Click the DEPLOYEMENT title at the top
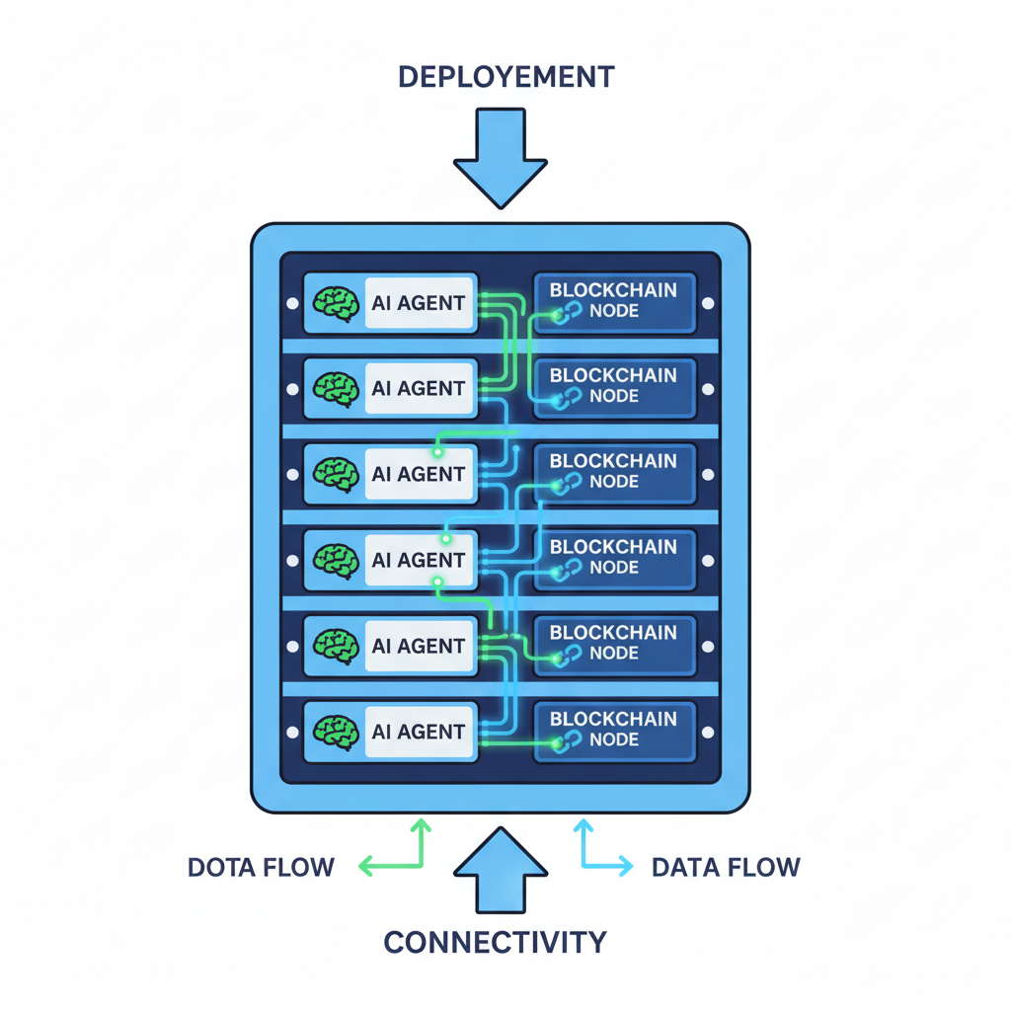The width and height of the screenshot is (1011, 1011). tap(505, 77)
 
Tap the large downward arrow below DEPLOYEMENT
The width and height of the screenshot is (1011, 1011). tap(501, 158)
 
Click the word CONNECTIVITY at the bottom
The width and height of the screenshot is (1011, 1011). tap(495, 942)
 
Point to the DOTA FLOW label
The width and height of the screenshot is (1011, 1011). tap(262, 868)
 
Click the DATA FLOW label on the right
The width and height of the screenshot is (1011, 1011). tap(726, 868)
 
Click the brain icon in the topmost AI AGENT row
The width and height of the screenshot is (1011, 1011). tap(335, 302)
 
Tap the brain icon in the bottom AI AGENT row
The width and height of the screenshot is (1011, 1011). tap(335, 731)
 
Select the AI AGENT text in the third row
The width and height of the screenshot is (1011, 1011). tap(419, 474)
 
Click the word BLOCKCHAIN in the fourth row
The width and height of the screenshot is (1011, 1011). tap(613, 547)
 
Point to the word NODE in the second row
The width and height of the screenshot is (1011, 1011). tap(613, 396)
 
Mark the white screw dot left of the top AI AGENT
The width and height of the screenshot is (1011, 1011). tap(292, 304)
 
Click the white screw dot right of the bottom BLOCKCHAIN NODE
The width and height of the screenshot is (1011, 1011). tap(708, 732)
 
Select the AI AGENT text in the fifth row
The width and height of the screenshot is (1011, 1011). tap(419, 646)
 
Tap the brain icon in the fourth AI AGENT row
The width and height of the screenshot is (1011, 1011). tap(335, 560)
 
